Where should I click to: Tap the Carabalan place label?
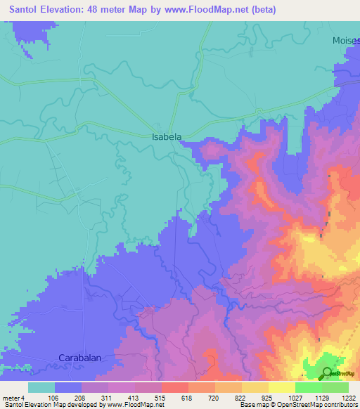[x=79, y=358]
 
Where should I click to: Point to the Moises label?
[x=346, y=41]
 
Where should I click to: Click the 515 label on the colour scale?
[x=161, y=397]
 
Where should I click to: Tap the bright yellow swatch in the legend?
[x=281, y=387]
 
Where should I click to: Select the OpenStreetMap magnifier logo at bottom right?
[x=328, y=373]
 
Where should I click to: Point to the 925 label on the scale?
[x=268, y=397]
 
